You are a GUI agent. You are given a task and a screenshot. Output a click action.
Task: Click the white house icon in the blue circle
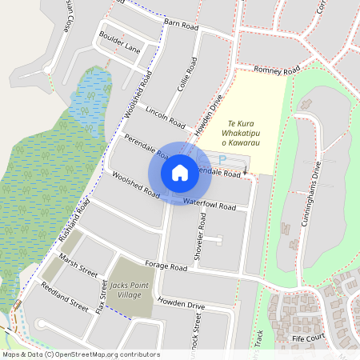tap(180, 172)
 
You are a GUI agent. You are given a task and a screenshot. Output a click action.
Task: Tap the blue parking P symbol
tap(222, 161)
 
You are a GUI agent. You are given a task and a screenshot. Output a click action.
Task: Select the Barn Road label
tap(180, 26)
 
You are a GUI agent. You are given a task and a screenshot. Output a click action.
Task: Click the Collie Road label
tap(189, 74)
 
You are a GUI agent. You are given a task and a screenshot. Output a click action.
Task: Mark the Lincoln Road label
tap(166, 116)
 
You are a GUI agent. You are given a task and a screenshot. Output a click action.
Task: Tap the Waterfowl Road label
tap(210, 205)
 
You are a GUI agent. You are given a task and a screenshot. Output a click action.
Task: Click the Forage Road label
tap(166, 266)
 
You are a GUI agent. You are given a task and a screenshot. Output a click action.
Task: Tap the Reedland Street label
tap(65, 295)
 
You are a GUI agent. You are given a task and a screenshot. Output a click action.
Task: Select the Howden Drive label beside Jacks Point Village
tap(182, 304)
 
